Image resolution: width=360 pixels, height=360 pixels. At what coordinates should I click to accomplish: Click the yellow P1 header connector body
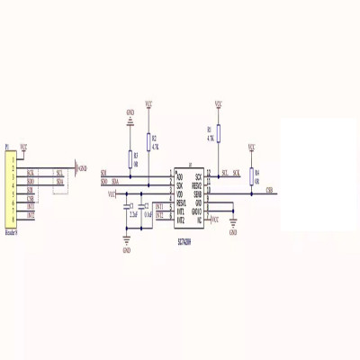pyautogui.click(x=11, y=189)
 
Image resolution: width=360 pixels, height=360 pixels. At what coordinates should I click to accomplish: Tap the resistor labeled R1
pyautogui.click(x=218, y=135)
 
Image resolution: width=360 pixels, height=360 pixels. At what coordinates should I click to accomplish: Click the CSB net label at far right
pyautogui.click(x=270, y=189)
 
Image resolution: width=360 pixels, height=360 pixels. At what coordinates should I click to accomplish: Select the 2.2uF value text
pyautogui.click(x=133, y=218)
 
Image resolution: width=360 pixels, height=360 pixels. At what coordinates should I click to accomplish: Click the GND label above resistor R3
pyautogui.click(x=130, y=112)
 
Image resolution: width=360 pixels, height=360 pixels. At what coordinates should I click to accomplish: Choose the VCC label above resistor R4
pyautogui.click(x=251, y=146)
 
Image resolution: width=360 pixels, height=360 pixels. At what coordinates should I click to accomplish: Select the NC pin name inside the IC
pyautogui.click(x=199, y=220)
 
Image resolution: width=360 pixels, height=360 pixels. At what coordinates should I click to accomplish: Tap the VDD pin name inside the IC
pyautogui.click(x=179, y=193)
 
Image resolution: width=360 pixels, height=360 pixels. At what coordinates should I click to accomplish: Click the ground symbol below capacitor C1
pyautogui.click(x=126, y=239)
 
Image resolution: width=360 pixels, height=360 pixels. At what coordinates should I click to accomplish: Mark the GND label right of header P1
pyautogui.click(x=84, y=168)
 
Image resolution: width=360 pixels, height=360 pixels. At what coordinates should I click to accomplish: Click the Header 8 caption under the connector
pyautogui.click(x=11, y=231)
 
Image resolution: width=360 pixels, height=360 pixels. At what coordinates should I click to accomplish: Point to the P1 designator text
pyautogui.click(x=7, y=146)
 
